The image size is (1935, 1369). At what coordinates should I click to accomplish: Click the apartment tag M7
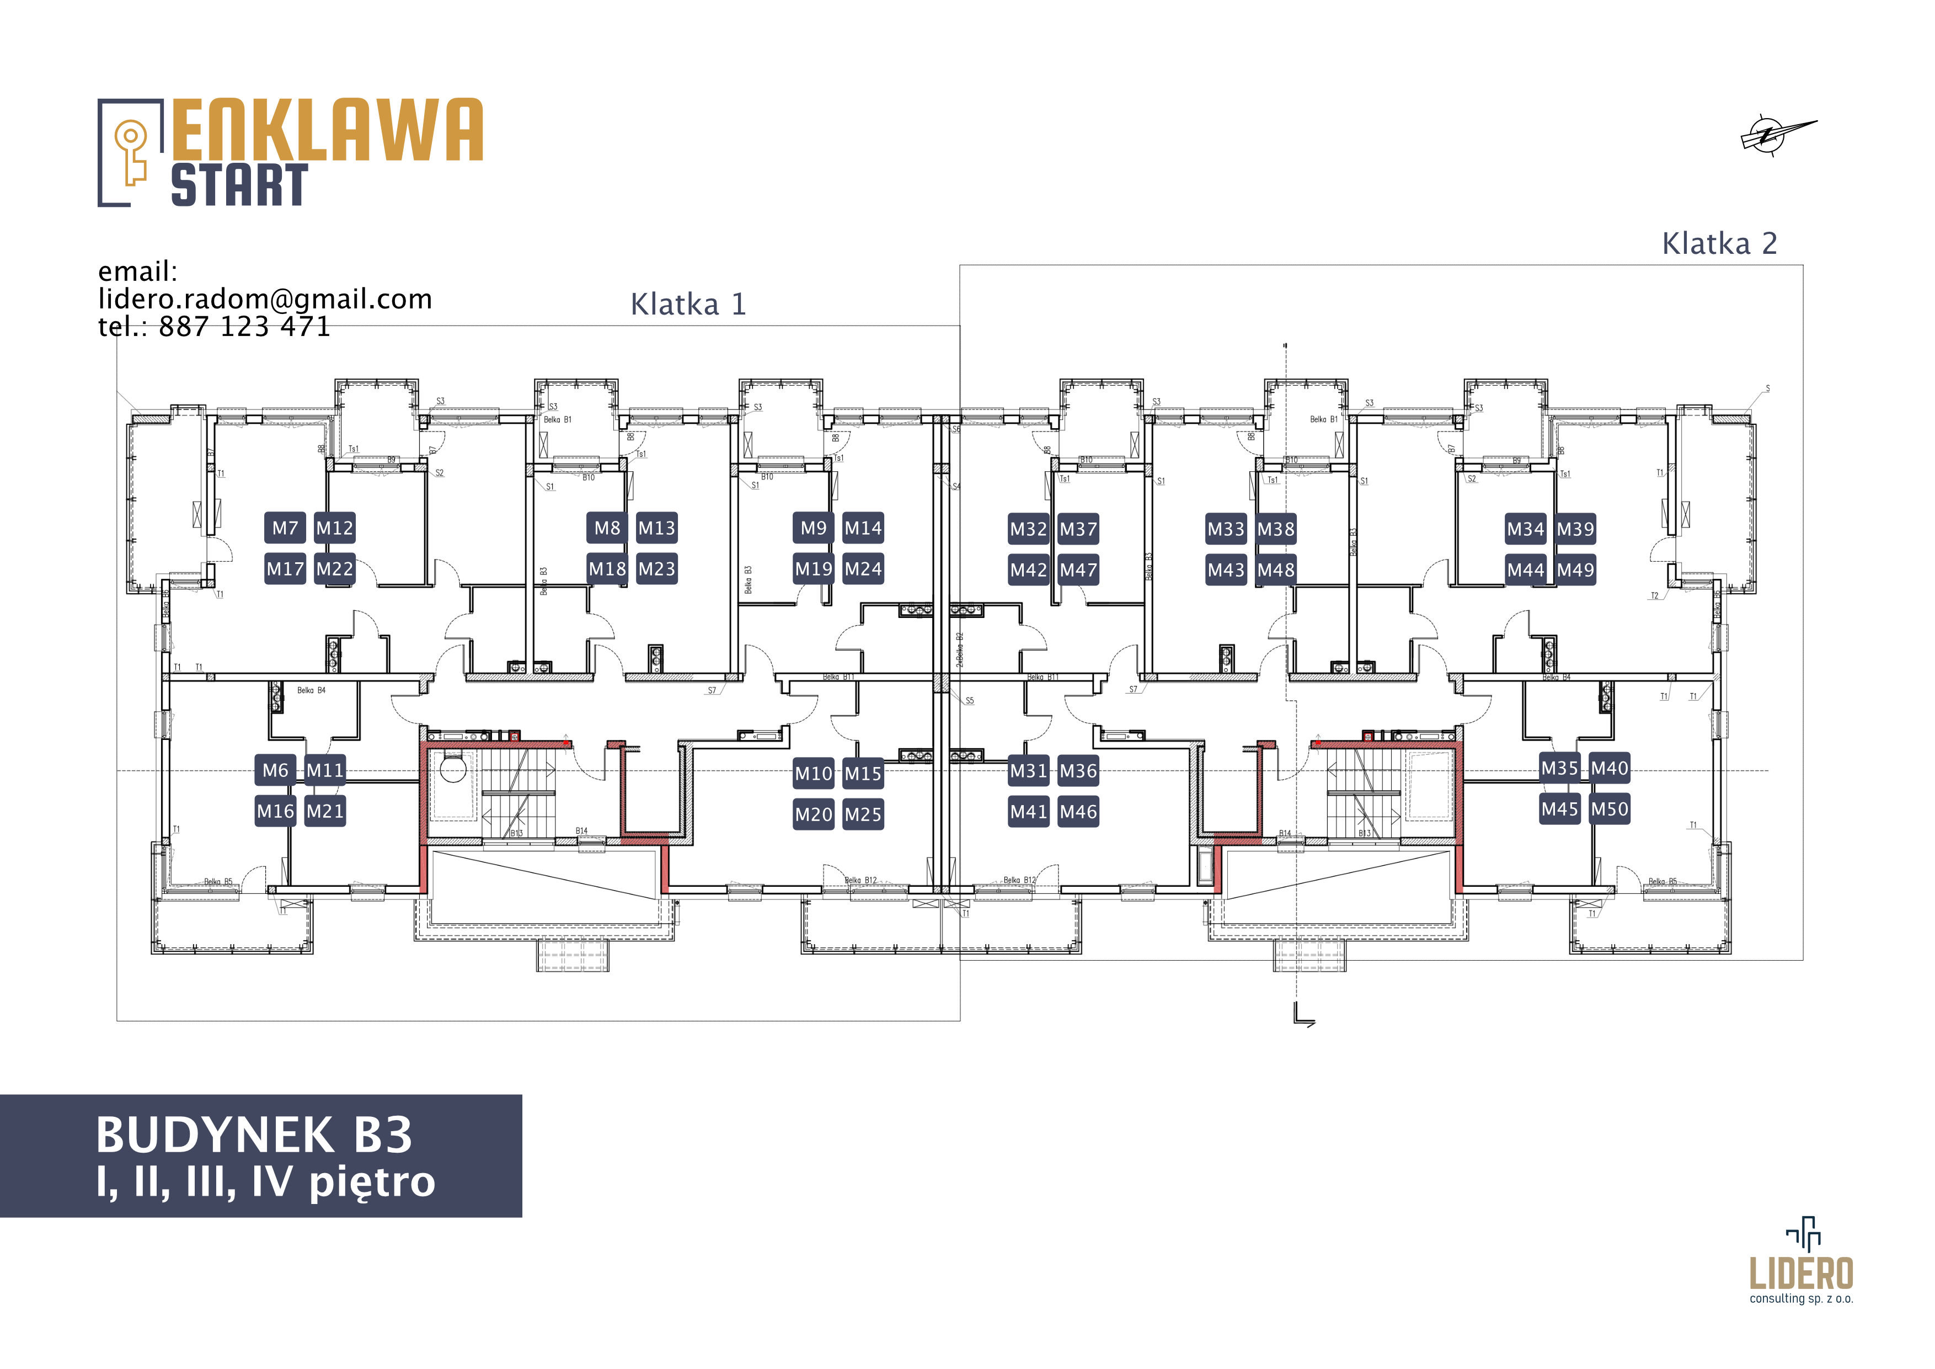[285, 529]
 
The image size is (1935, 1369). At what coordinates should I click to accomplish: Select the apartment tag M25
[863, 814]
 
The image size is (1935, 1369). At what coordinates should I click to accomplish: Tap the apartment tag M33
[1226, 529]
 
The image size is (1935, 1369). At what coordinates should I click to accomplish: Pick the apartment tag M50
[1609, 809]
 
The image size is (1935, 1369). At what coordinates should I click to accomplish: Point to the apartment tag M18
[607, 569]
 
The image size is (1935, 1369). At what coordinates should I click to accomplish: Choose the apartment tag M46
[1078, 812]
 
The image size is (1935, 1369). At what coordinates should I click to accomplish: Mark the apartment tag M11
[324, 770]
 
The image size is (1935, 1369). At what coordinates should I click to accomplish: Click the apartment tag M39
[1575, 529]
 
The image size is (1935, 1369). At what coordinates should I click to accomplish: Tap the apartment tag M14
[863, 529]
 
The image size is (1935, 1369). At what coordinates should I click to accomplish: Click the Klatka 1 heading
[688, 305]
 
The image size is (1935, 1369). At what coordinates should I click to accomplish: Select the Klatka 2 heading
[1719, 244]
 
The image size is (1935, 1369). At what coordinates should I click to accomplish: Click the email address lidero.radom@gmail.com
[265, 299]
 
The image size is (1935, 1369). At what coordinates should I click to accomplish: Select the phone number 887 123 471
[244, 326]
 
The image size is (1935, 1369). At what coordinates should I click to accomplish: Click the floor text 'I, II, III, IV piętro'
[265, 1182]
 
